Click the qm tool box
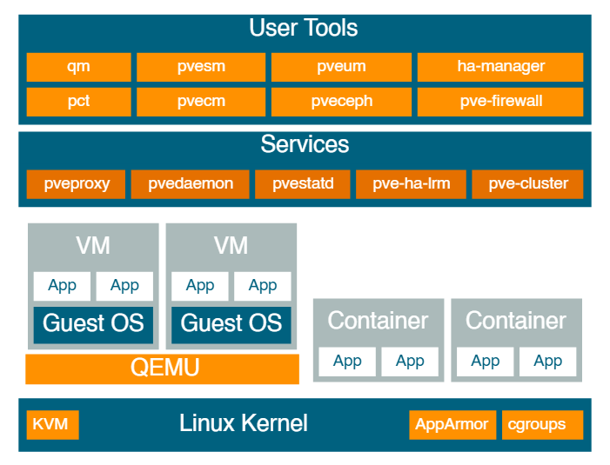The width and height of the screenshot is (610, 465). coord(78,67)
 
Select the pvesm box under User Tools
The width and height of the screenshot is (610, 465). coord(201,67)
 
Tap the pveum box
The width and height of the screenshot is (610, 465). coord(341,67)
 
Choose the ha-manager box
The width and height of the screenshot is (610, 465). coord(500,67)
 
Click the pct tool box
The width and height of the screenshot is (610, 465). coord(78,102)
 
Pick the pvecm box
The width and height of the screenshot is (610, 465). coord(201,102)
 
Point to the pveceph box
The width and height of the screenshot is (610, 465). coord(341,102)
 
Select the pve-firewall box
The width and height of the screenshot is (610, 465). coord(500,102)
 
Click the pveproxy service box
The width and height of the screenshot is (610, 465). coord(76,184)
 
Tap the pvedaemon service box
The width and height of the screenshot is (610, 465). coord(191,184)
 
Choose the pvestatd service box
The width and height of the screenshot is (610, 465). coord(303,184)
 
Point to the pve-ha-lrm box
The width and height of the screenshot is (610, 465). coord(411,184)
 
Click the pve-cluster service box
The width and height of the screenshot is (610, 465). coord(527,184)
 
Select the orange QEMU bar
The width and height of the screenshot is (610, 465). coord(162,369)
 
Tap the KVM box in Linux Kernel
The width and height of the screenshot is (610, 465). coord(52,425)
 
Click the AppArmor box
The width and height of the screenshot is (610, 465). coord(452,425)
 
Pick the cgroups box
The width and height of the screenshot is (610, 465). coord(543,425)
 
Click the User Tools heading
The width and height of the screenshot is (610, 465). coord(304,28)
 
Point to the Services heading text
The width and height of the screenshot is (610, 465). coord(305,144)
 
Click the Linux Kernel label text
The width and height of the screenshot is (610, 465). coord(244,423)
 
